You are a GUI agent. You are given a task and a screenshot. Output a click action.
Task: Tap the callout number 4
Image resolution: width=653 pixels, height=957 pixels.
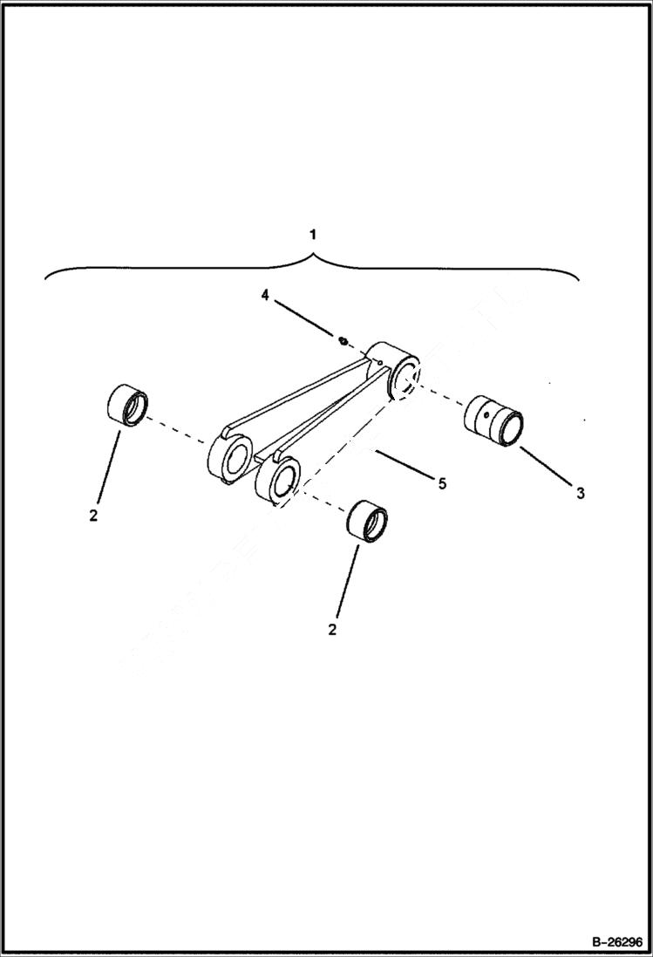pos(265,296)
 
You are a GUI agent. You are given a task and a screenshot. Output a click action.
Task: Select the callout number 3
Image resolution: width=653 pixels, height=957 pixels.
pos(580,494)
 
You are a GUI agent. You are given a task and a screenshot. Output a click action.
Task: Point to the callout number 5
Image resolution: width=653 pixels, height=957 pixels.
pos(442,483)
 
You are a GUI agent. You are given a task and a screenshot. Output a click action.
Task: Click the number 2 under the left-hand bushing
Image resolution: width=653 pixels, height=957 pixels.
pos(93,515)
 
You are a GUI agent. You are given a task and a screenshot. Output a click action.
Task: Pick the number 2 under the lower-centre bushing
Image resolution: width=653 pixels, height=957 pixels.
pos(331,629)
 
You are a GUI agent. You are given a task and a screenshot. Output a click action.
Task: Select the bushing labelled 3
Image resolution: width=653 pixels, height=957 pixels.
pos(493,420)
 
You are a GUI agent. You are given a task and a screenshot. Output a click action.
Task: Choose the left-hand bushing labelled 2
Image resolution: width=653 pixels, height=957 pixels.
pos(126,407)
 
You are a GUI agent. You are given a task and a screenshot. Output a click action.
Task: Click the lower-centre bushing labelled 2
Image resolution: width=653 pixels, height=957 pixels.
pos(367,522)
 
